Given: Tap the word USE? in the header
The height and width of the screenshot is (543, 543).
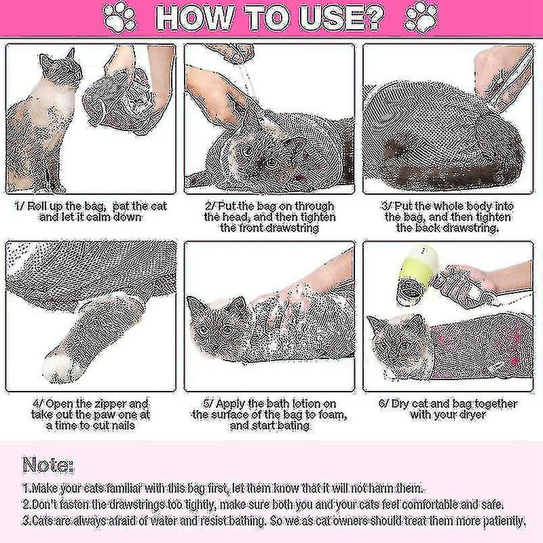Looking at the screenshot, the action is (x=342, y=18).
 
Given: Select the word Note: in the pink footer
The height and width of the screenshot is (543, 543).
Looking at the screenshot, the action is (x=48, y=465).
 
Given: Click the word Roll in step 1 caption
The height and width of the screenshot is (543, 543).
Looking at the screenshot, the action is (x=36, y=206).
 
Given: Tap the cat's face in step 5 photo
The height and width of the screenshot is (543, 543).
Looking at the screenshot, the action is (x=214, y=320).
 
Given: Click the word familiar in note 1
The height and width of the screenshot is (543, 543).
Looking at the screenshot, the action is (x=126, y=488).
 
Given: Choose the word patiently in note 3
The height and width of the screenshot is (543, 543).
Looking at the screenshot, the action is (x=504, y=521).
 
